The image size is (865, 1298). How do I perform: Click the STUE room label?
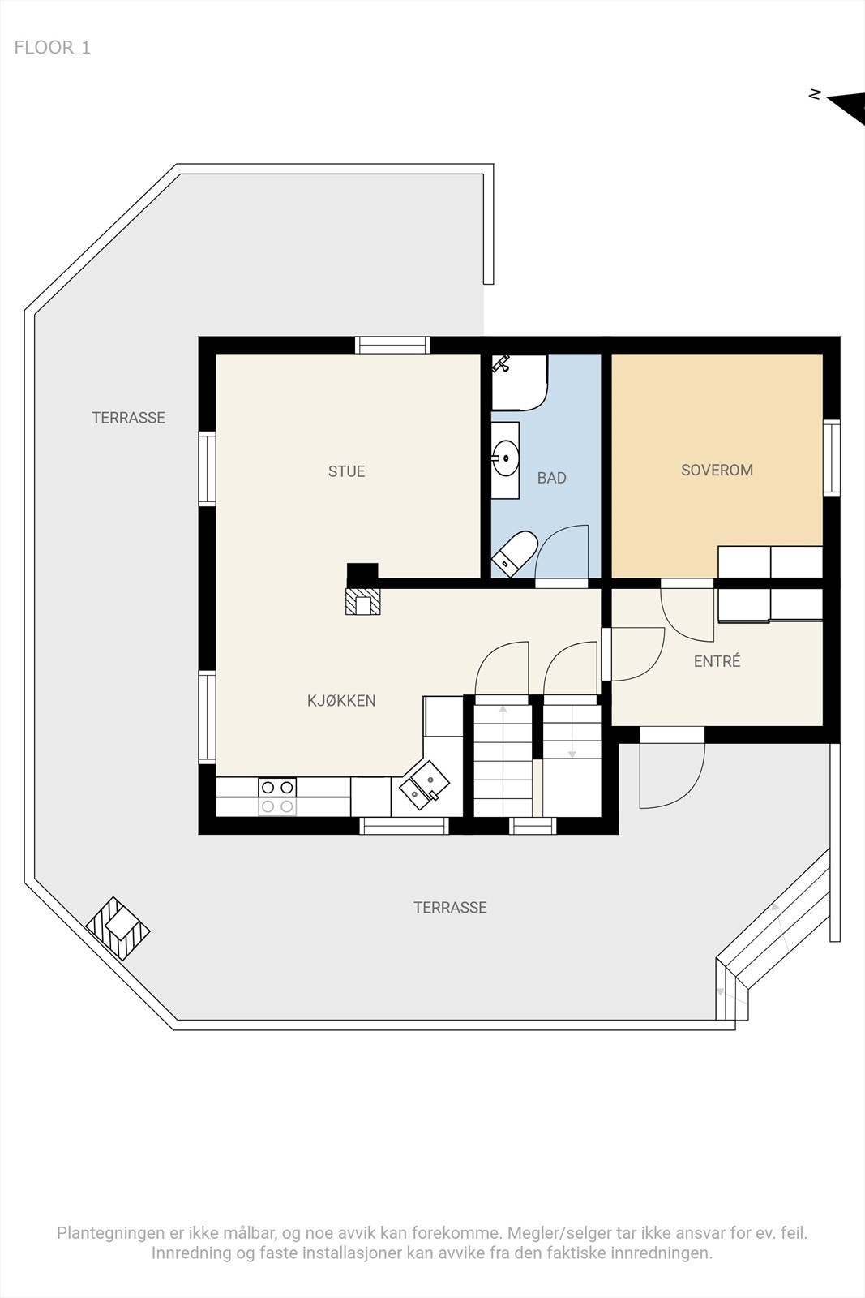coord(346,471)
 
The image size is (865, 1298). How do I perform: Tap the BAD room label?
coord(551,478)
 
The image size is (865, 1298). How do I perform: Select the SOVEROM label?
coord(717,470)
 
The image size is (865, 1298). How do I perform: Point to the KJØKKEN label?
coord(341,701)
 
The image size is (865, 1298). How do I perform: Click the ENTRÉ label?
coord(717,660)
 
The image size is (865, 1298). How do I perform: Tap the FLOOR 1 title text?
coord(52,48)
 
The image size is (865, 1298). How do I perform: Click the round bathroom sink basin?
coord(506,458)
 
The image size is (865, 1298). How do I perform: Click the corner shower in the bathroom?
coord(520,383)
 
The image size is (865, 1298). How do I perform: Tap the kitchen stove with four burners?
coord(276,797)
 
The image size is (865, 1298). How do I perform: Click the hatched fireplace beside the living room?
coord(363,601)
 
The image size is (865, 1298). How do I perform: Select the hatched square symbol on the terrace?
coord(118,928)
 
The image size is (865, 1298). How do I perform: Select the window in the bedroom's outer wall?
coord(832,458)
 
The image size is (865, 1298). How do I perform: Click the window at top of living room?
coord(392,345)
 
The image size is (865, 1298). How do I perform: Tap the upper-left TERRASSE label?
coord(129,418)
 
